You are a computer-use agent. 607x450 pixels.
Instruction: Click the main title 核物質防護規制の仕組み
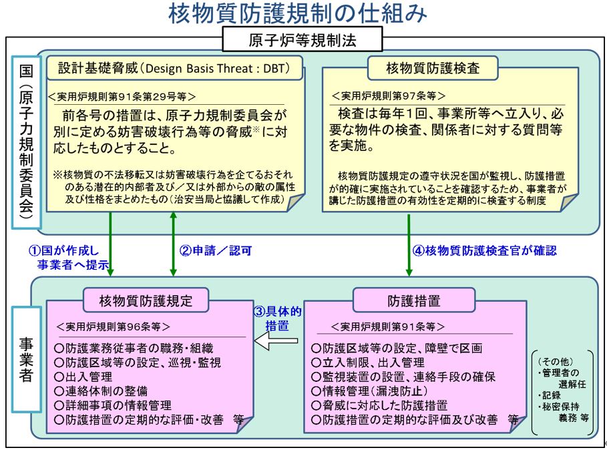pos(297,13)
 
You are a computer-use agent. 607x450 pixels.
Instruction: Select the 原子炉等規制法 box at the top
pos(302,39)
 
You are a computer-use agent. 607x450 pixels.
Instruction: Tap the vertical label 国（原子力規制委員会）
pos(26,142)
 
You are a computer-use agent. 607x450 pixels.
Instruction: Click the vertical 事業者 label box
pos(26,359)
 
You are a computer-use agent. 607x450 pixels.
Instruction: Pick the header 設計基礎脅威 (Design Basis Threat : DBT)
pos(174,68)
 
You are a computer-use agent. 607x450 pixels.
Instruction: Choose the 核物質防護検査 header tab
pos(433,68)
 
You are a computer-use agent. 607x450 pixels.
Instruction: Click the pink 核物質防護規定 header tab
pos(146,300)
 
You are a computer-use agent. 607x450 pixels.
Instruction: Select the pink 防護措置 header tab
pos(414,300)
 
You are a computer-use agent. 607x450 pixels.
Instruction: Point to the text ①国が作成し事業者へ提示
pos(68,258)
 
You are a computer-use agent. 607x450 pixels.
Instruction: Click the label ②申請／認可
pos(216,251)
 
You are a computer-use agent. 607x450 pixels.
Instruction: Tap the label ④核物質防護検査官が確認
pos(485,251)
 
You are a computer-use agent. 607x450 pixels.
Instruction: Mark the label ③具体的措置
pos(277,318)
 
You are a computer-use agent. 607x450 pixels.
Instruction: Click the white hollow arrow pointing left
pos(276,341)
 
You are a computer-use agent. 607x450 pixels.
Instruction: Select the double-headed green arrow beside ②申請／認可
pos(173,244)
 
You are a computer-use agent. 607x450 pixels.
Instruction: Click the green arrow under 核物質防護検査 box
pos(409,245)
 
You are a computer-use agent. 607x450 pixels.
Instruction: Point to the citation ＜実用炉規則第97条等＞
pos(388,95)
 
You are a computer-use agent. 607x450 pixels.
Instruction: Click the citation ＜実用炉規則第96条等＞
pos(113,326)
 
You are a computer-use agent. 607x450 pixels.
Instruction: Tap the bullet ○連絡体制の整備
pos(101,391)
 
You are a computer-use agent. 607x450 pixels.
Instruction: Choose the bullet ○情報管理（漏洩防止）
pos(370,391)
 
